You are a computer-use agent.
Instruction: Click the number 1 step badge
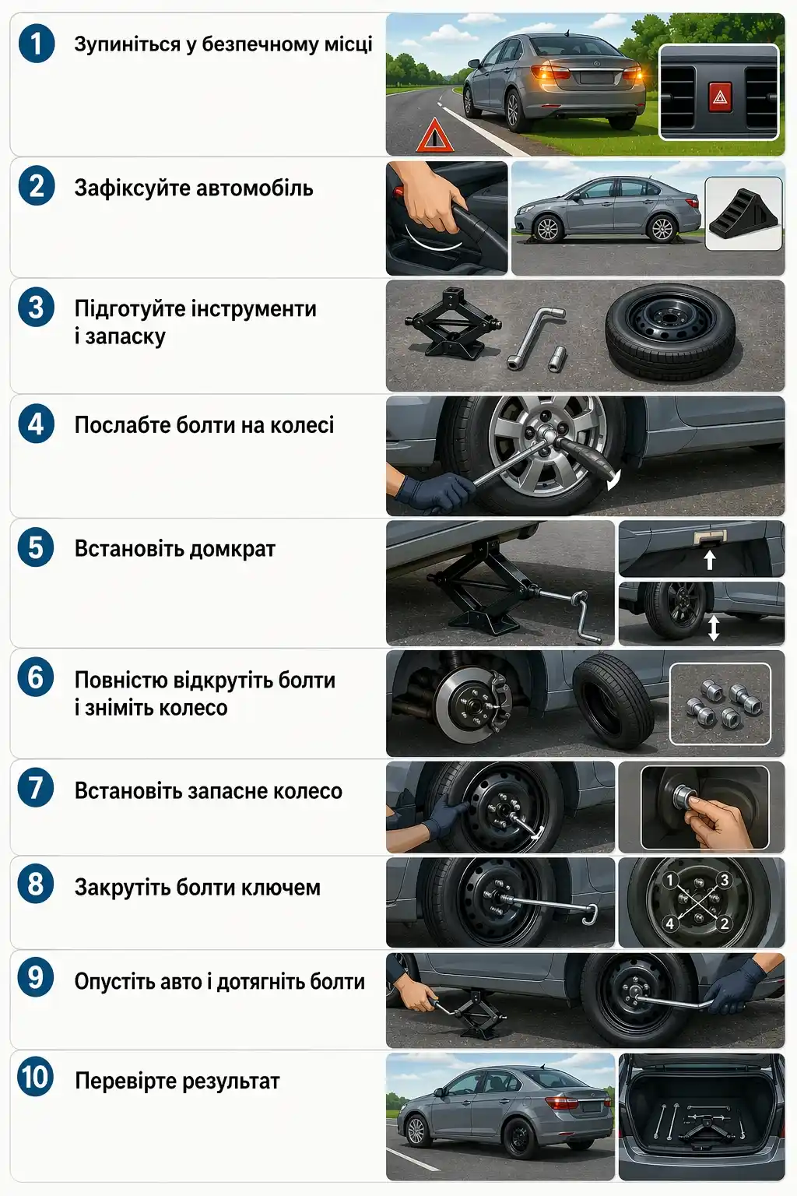[36, 43]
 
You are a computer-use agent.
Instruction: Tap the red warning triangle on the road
[434, 137]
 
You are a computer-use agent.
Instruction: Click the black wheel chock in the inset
[743, 215]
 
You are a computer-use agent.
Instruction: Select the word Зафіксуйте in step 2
[128, 188]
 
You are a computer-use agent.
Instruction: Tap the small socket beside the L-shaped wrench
[557, 358]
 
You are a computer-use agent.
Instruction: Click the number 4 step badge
[36, 424]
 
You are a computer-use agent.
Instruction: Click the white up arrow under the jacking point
[709, 560]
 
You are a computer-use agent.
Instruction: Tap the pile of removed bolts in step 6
[721, 704]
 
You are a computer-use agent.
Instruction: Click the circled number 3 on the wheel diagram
[724, 880]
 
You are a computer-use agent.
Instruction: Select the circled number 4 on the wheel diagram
[669, 924]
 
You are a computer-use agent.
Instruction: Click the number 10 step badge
[36, 1078]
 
